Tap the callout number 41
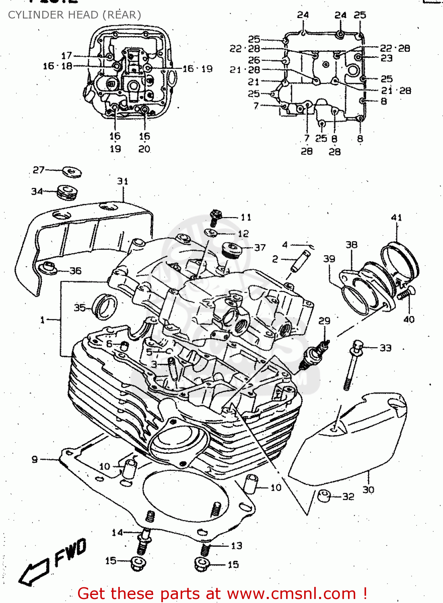pos(396,217)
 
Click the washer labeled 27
pos(72,172)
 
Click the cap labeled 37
pos(231,250)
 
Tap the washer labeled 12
pos(211,233)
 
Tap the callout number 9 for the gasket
pos(35,459)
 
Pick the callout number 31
pos(123,181)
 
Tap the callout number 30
pos(368,490)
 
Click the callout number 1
pos(42,320)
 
